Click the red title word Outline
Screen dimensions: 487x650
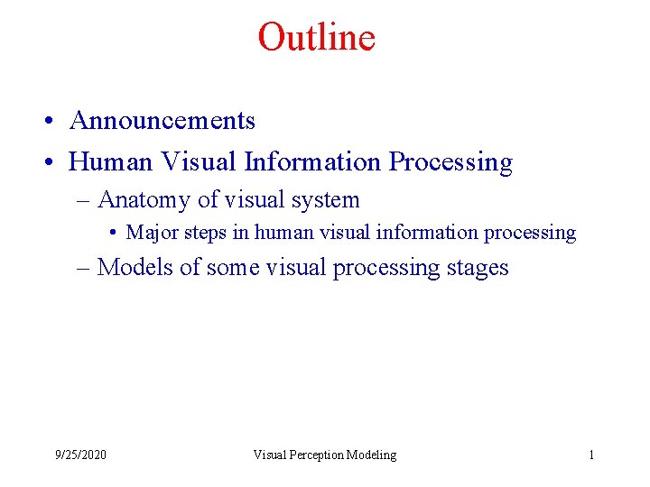[316, 38]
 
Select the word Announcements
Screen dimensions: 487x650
[162, 121]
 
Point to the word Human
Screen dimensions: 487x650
[111, 162]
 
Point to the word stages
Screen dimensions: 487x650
[478, 269]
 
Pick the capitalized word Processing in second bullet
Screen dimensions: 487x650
[450, 163]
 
